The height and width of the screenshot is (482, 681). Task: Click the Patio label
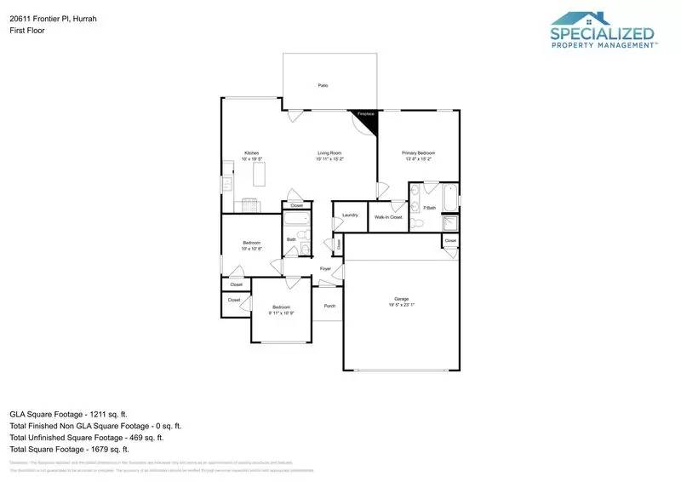pyautogui.click(x=323, y=86)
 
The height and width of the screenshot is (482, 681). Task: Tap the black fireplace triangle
pyautogui.click(x=368, y=122)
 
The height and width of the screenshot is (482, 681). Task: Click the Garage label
pyautogui.click(x=401, y=299)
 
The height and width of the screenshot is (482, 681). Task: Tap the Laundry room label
pyautogui.click(x=349, y=215)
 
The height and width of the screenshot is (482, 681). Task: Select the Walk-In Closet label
pyautogui.click(x=388, y=217)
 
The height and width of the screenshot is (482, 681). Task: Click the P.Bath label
pyautogui.click(x=429, y=208)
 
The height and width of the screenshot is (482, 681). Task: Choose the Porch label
pyautogui.click(x=329, y=306)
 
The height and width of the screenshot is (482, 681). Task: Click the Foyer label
pyautogui.click(x=325, y=269)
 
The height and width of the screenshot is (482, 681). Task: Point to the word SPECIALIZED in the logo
pyautogui.click(x=603, y=35)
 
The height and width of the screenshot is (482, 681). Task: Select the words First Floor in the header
pyautogui.click(x=26, y=30)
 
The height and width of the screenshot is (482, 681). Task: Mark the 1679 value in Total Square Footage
pyautogui.click(x=97, y=449)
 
